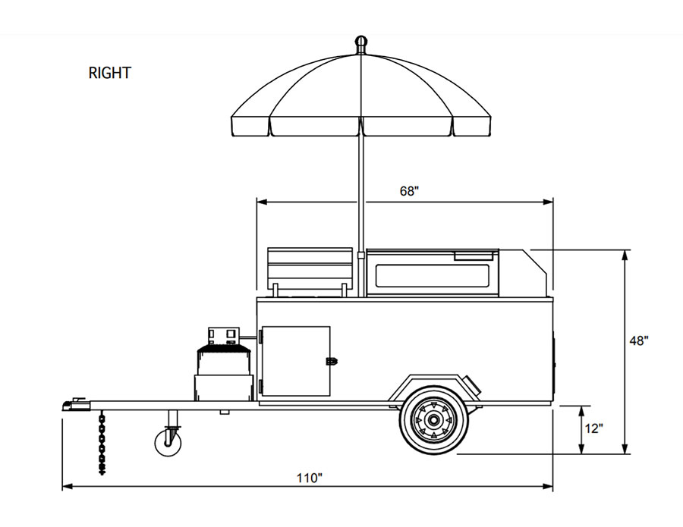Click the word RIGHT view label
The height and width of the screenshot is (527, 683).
(110, 74)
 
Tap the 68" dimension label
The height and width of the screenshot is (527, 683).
(409, 191)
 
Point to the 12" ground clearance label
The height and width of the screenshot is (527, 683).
(594, 428)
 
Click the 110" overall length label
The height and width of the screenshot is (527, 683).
(310, 478)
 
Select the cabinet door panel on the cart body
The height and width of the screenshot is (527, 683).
(295, 361)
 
